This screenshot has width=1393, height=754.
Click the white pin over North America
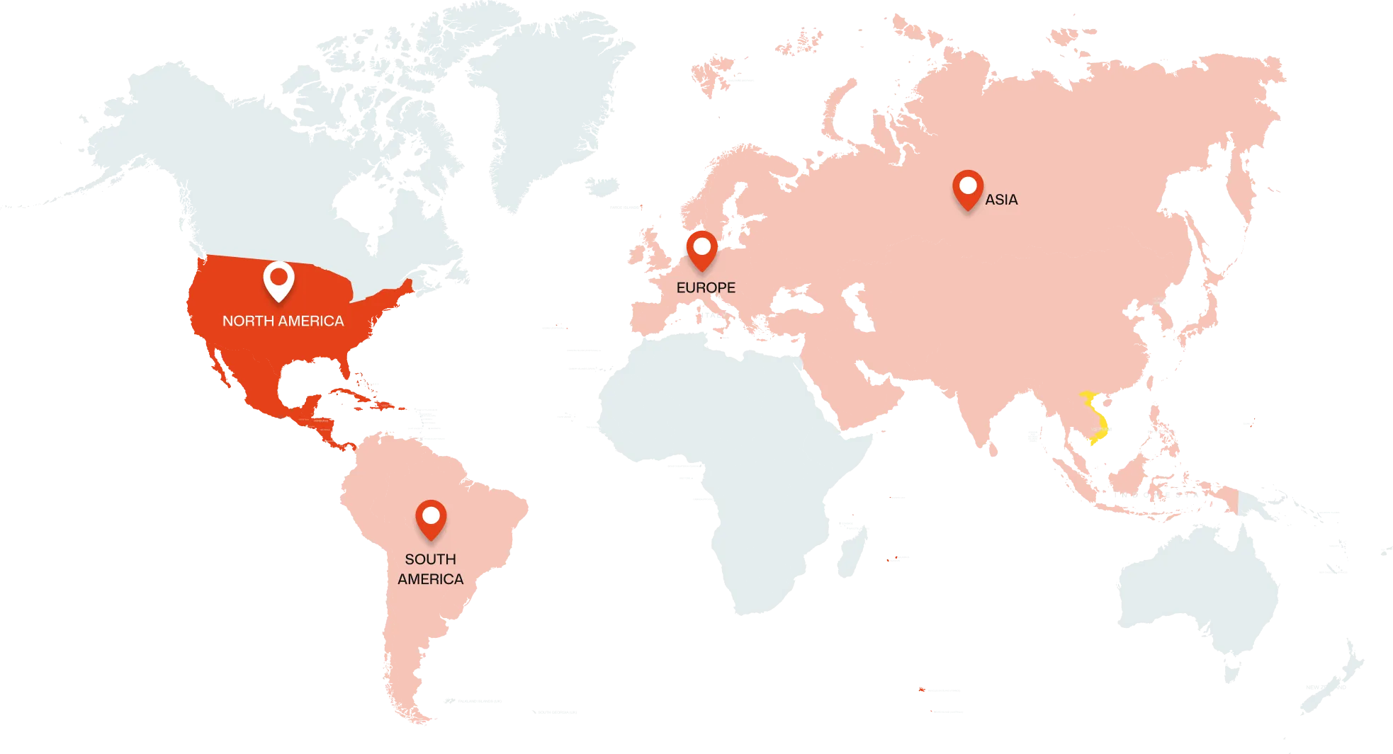pos(278,280)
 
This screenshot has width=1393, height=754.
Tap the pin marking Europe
pos(701,249)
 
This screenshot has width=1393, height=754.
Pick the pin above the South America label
pos(430,518)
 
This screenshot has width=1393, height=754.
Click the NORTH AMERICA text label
pos(283,321)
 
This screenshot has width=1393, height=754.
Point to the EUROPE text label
pos(706,288)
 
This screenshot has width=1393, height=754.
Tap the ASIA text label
pos(1001,200)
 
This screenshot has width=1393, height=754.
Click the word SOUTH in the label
pos(430,559)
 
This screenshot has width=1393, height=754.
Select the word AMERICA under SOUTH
pos(430,579)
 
